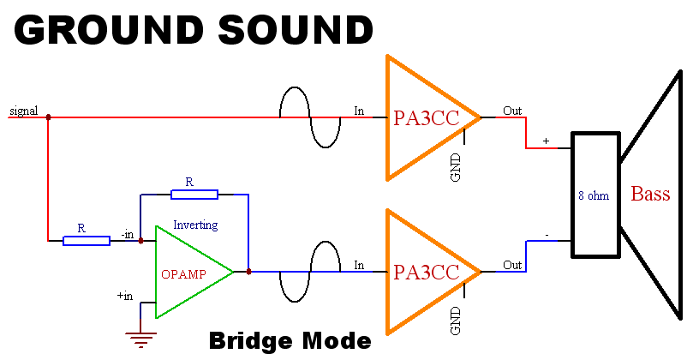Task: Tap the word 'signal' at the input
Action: pos(22,111)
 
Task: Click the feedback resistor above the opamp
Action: pos(194,195)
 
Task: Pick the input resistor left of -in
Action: pos(87,241)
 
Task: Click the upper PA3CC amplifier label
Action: pos(426,118)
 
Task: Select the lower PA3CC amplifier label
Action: pos(426,273)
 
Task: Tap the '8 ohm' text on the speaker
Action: pos(593,195)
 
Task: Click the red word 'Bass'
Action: pos(650,194)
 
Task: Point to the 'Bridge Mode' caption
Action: pos(290,341)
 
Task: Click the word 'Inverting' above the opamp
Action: pos(195,225)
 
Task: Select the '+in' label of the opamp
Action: pos(125,296)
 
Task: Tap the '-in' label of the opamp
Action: pos(127,234)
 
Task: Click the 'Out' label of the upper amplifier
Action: pos(512,111)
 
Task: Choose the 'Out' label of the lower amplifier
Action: pos(512,265)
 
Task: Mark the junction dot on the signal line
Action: pos(48,117)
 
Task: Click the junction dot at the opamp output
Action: pos(248,272)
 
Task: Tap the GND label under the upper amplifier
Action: pos(455,166)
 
